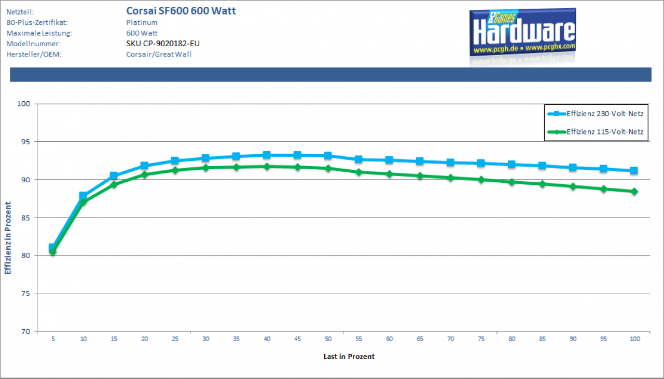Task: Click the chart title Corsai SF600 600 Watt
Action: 181,11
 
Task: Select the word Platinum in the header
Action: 142,22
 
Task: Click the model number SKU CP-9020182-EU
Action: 163,44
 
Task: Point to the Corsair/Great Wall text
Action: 159,55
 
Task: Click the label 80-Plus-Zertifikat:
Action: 37,22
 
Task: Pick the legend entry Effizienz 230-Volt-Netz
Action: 605,114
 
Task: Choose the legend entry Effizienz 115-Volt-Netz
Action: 605,132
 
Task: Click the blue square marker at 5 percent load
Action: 52,247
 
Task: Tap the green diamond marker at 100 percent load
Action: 634,192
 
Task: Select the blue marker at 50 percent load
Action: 328,156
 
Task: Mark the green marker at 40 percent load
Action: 267,167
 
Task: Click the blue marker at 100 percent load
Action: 634,170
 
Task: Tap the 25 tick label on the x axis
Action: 175,339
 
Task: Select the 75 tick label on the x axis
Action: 481,339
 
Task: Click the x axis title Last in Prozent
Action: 349,357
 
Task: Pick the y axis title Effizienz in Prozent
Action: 8,238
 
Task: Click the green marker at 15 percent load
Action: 114,184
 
